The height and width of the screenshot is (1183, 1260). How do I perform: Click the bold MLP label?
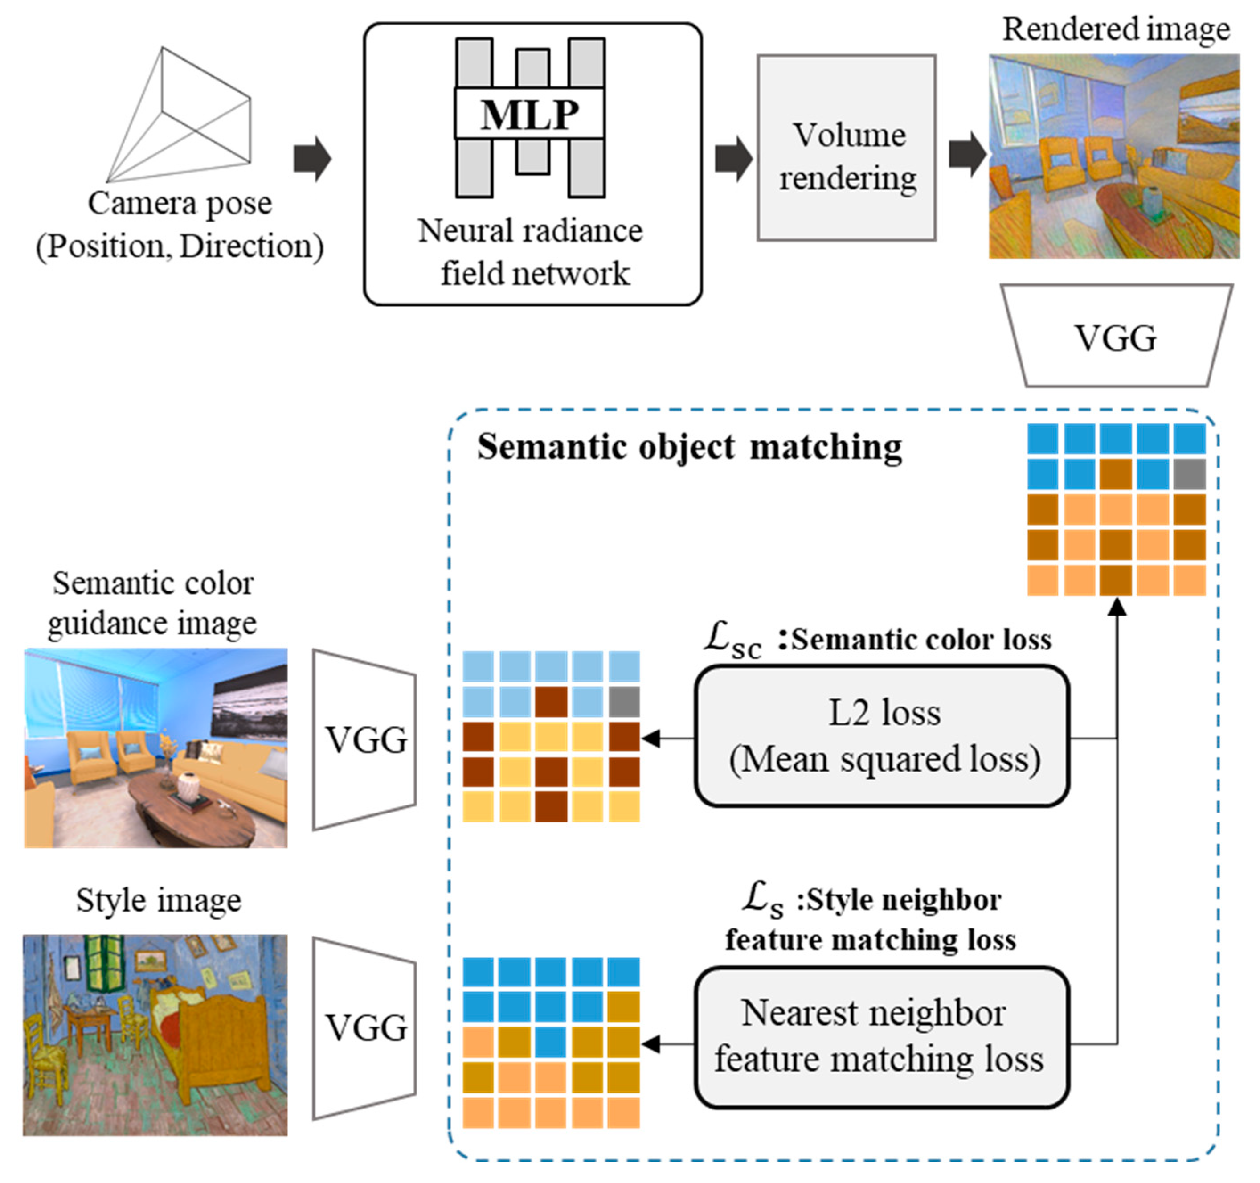(x=530, y=115)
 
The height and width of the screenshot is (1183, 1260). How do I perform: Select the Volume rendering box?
(x=847, y=148)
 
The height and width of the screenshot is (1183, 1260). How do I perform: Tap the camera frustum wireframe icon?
(x=180, y=114)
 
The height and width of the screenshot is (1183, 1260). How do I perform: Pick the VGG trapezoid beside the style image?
(x=364, y=1028)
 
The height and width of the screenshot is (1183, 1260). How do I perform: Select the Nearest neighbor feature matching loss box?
(x=882, y=1038)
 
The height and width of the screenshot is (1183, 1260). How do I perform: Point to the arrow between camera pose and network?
(x=312, y=159)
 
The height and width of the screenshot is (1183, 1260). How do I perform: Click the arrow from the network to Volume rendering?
(x=734, y=159)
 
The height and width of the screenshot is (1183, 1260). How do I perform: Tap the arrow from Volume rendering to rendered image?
(x=968, y=154)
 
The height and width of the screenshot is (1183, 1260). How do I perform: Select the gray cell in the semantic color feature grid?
(x=624, y=702)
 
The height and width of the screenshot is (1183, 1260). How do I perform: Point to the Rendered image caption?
(x=1116, y=29)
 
